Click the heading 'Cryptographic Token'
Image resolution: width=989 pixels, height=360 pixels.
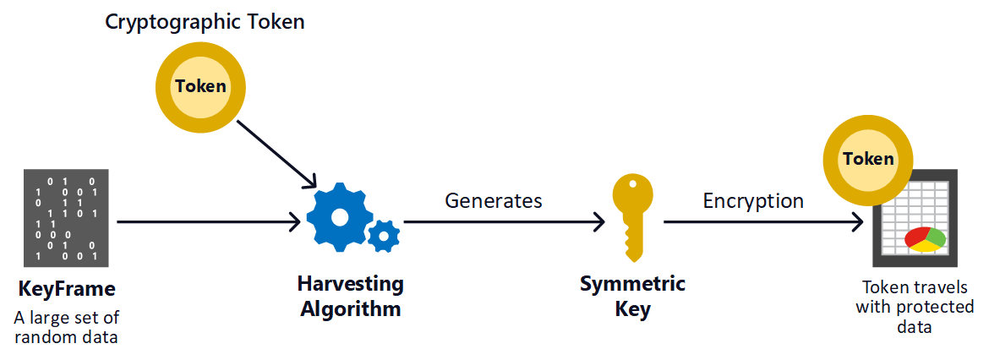(205, 23)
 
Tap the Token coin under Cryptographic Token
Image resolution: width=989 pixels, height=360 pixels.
(201, 86)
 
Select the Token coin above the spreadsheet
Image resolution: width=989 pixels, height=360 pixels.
(868, 159)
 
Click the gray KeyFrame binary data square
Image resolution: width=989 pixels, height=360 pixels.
(67, 219)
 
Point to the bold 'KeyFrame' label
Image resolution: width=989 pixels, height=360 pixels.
(67, 290)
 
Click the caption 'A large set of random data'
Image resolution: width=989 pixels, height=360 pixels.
(67, 327)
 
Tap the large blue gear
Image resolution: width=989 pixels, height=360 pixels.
(339, 216)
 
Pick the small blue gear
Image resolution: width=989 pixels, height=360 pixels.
(385, 235)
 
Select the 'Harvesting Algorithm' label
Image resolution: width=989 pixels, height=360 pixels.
(351, 296)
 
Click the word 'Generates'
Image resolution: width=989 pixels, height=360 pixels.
(494, 201)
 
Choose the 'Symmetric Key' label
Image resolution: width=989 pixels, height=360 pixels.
(632, 296)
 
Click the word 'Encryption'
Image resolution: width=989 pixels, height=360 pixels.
(753, 201)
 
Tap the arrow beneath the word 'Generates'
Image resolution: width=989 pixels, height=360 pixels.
(505, 222)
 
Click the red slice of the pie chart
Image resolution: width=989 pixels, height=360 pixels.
(916, 237)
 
